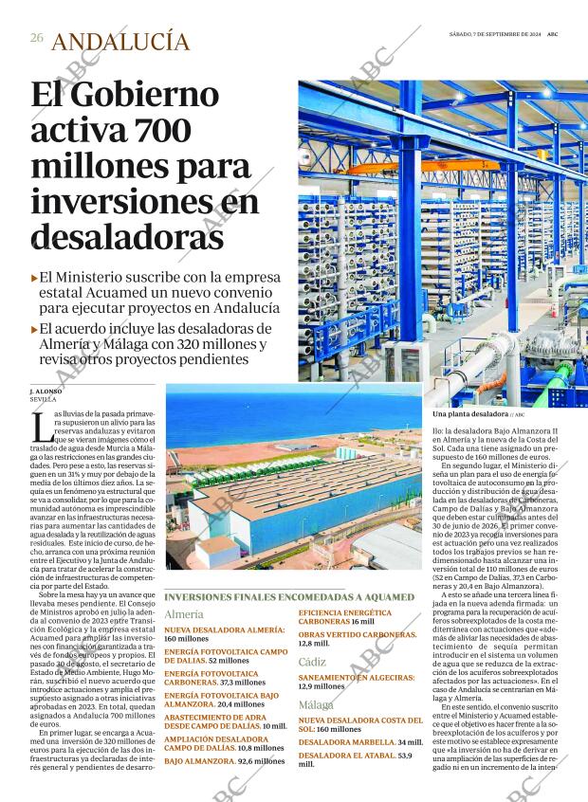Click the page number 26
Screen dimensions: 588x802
[x=37, y=38]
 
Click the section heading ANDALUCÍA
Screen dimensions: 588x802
[x=120, y=41]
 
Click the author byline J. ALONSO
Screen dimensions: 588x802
[x=46, y=391]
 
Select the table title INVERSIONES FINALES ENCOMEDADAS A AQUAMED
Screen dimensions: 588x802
[x=289, y=596]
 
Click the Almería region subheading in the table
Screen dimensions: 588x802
[x=184, y=614]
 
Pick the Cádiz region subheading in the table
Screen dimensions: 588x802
[x=312, y=661]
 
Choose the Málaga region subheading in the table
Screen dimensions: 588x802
[x=316, y=705]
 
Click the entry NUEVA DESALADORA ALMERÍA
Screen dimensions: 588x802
[x=224, y=629]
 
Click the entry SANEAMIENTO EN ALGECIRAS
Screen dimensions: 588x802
[x=357, y=678]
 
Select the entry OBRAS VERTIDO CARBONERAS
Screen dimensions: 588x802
[x=358, y=633]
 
